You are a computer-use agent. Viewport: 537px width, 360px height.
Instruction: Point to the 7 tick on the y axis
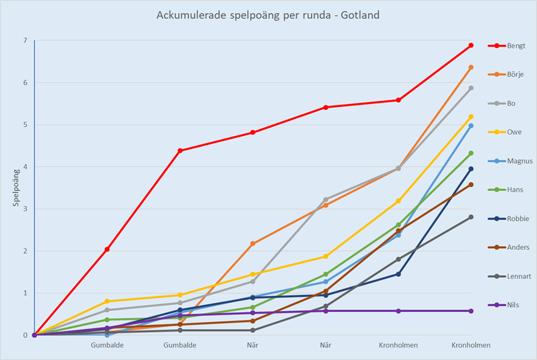(25, 41)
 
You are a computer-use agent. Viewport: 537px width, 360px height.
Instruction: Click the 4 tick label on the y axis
(25, 167)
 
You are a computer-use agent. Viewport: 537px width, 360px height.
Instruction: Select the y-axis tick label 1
(25, 293)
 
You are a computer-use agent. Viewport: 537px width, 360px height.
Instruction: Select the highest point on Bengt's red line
(471, 45)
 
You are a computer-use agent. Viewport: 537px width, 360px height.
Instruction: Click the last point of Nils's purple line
(471, 311)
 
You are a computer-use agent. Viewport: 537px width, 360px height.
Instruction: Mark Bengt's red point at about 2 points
(107, 249)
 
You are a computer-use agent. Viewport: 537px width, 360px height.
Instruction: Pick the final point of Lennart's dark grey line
(471, 217)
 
